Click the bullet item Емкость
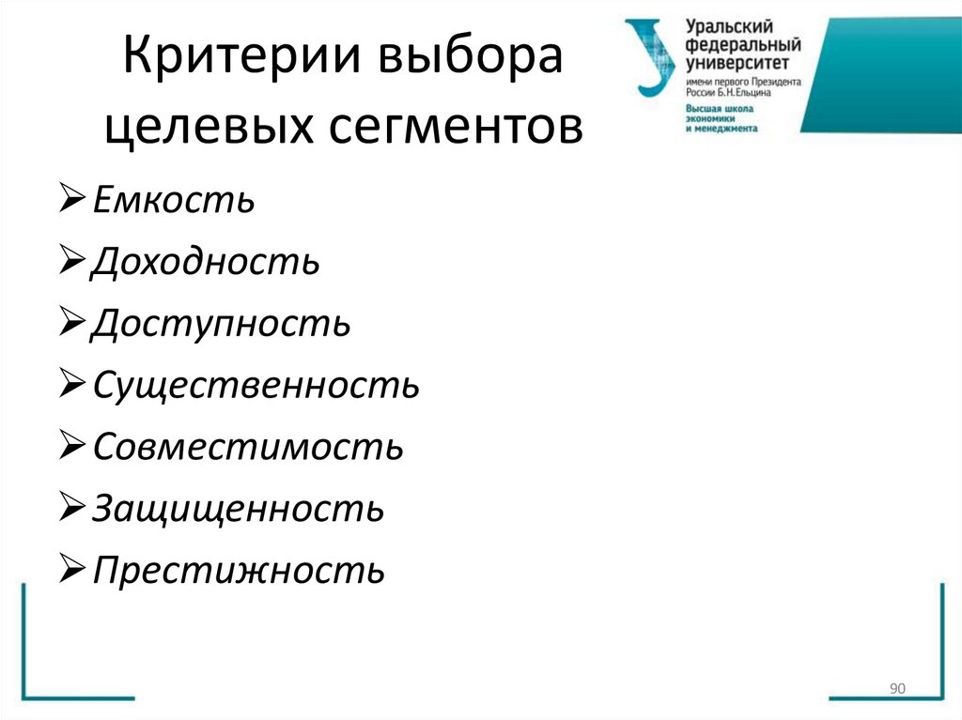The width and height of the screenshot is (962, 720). [x=174, y=200]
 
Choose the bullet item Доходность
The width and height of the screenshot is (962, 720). [x=206, y=262]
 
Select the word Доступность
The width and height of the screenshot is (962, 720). [x=222, y=324]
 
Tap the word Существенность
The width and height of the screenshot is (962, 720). [x=256, y=386]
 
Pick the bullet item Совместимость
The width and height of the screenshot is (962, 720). [x=248, y=447]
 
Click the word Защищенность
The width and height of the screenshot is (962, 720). [x=238, y=509]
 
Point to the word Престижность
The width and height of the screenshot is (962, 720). [x=239, y=570]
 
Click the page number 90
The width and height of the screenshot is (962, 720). [x=896, y=690]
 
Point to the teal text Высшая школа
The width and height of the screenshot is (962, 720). [x=719, y=108]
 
